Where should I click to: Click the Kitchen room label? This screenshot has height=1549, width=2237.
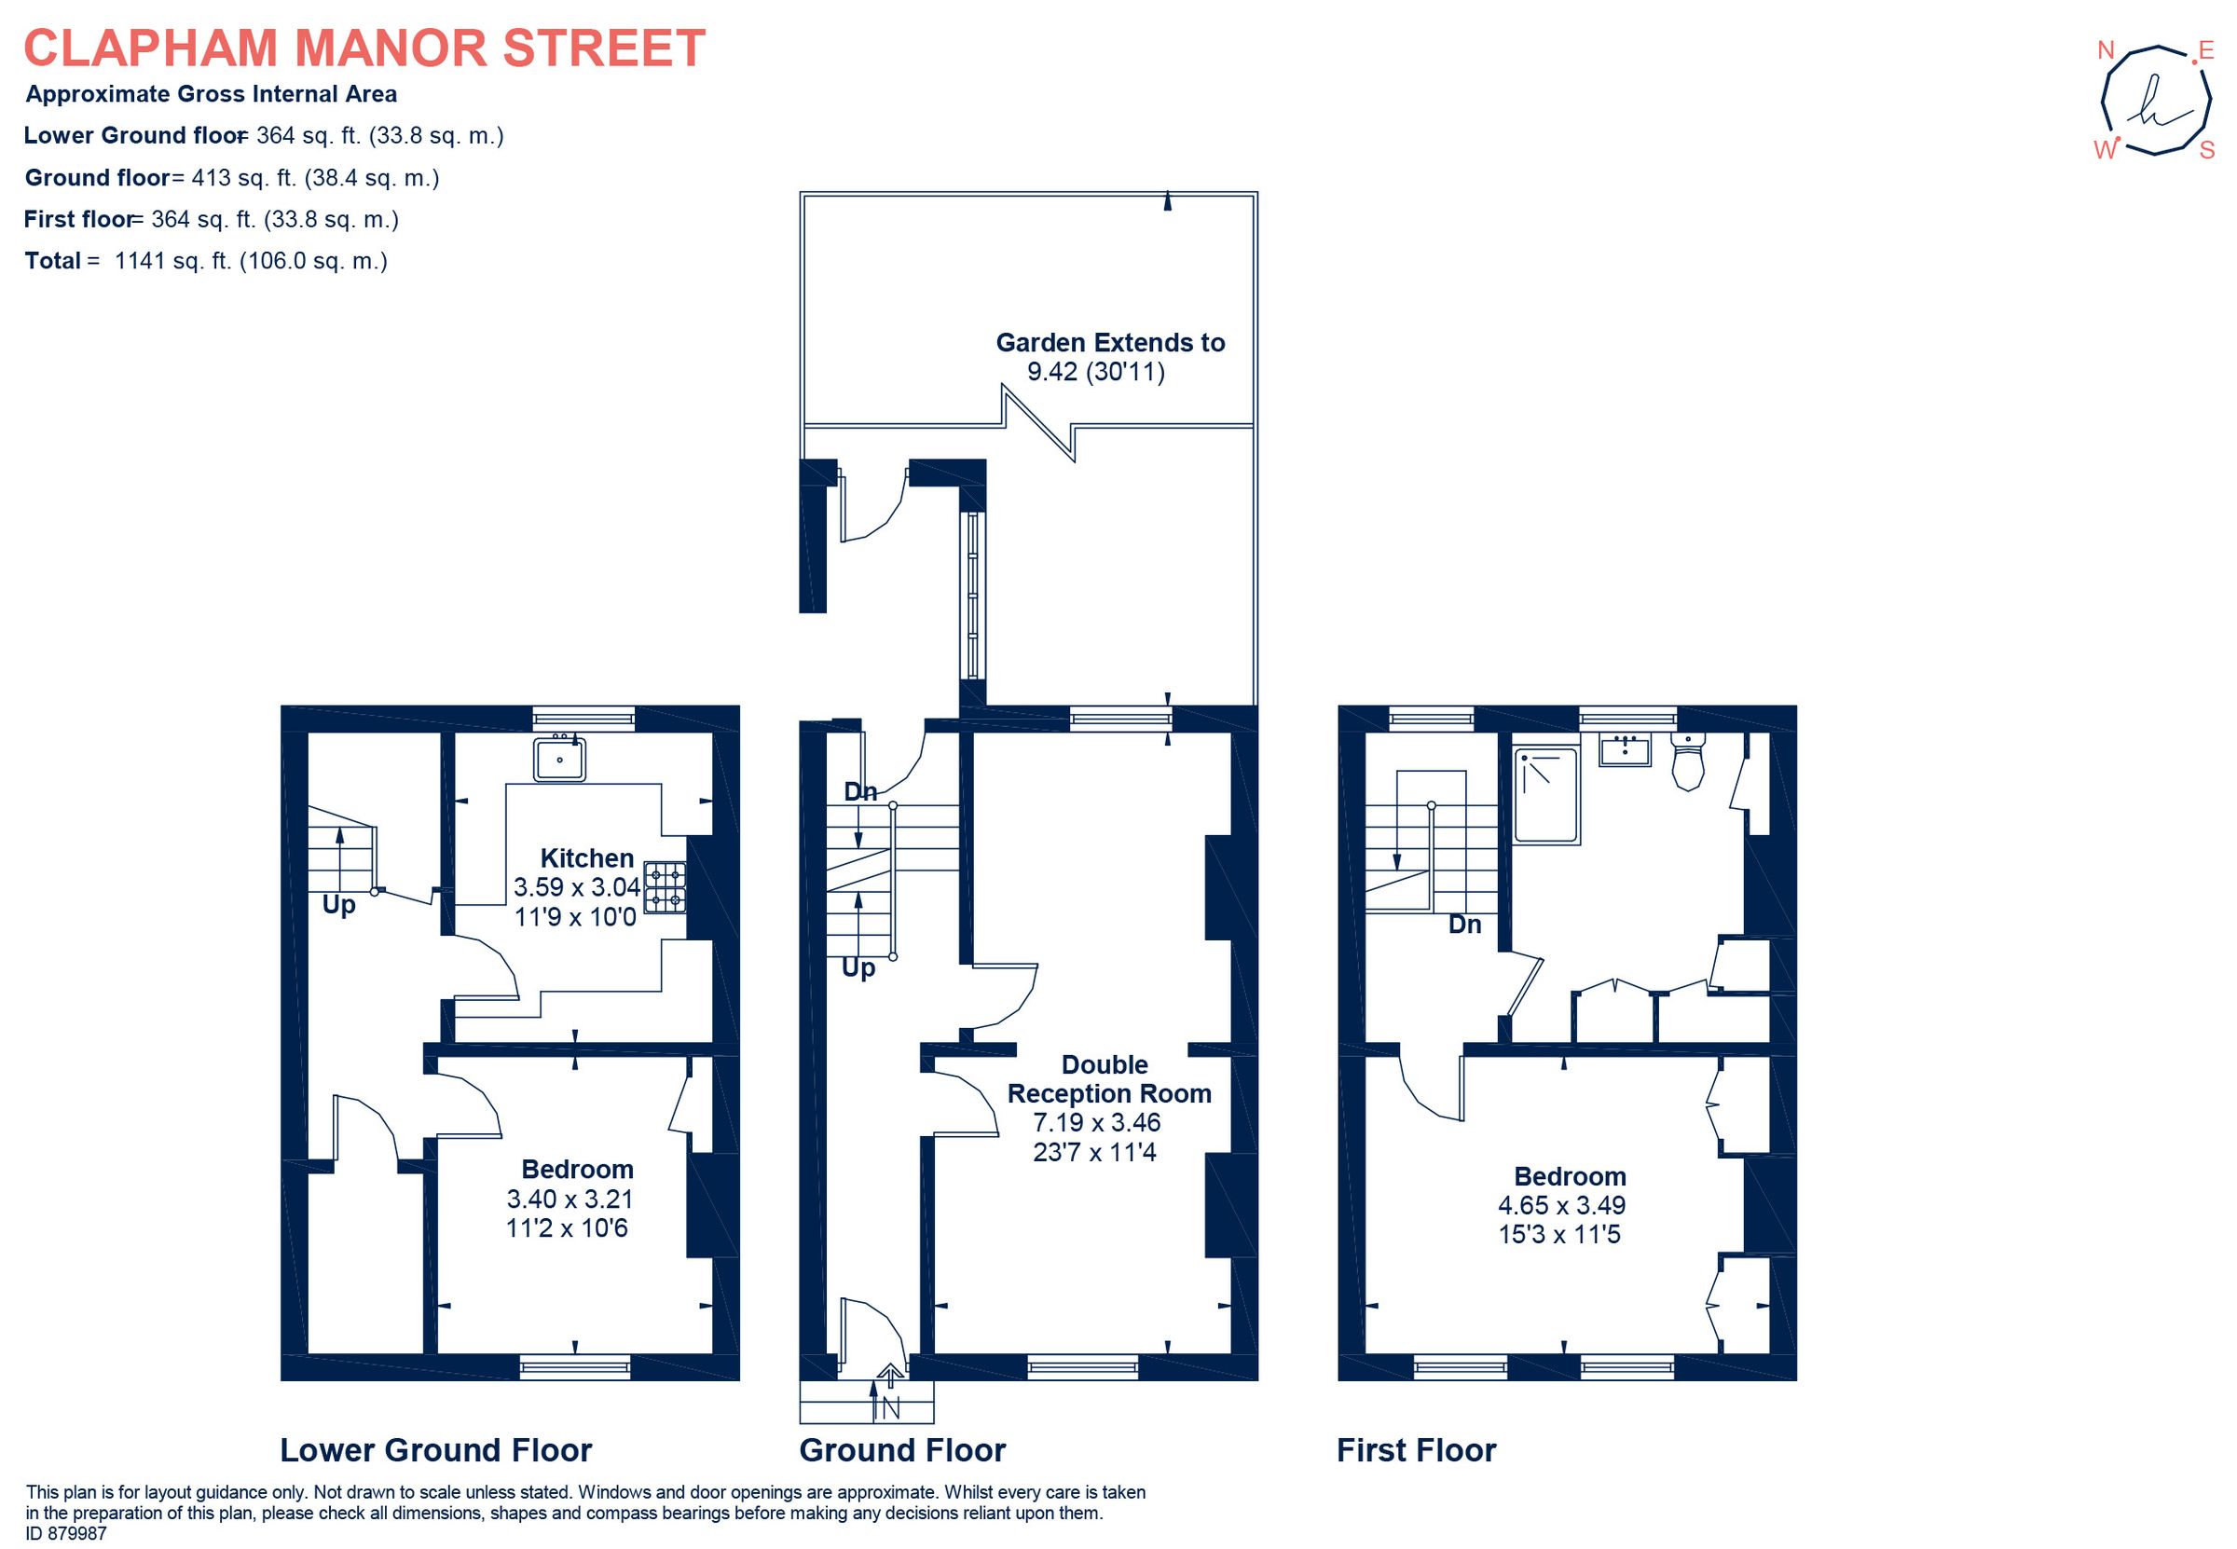tap(586, 858)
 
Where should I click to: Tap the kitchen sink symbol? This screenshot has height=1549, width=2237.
tap(560, 759)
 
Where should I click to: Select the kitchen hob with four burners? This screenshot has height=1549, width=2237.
tap(665, 888)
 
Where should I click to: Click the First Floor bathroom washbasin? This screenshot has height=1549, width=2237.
tap(1625, 750)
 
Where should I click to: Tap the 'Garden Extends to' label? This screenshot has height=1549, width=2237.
tap(1109, 343)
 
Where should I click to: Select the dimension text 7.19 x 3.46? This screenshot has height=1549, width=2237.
tap(1097, 1123)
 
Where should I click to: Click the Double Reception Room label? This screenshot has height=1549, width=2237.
tap(1108, 1079)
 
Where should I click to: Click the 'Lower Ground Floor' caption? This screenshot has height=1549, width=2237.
tap(436, 1451)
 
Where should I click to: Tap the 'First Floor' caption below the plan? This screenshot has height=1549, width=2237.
tap(1416, 1451)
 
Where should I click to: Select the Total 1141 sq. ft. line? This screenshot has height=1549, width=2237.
tap(206, 261)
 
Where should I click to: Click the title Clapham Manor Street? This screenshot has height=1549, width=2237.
tap(364, 48)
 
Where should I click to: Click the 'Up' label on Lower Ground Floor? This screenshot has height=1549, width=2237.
tap(338, 906)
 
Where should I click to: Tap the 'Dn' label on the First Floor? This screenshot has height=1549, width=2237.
tap(1464, 925)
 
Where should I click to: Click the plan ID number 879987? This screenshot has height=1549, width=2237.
tap(66, 1534)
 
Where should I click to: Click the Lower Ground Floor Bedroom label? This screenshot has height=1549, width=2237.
tap(578, 1170)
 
